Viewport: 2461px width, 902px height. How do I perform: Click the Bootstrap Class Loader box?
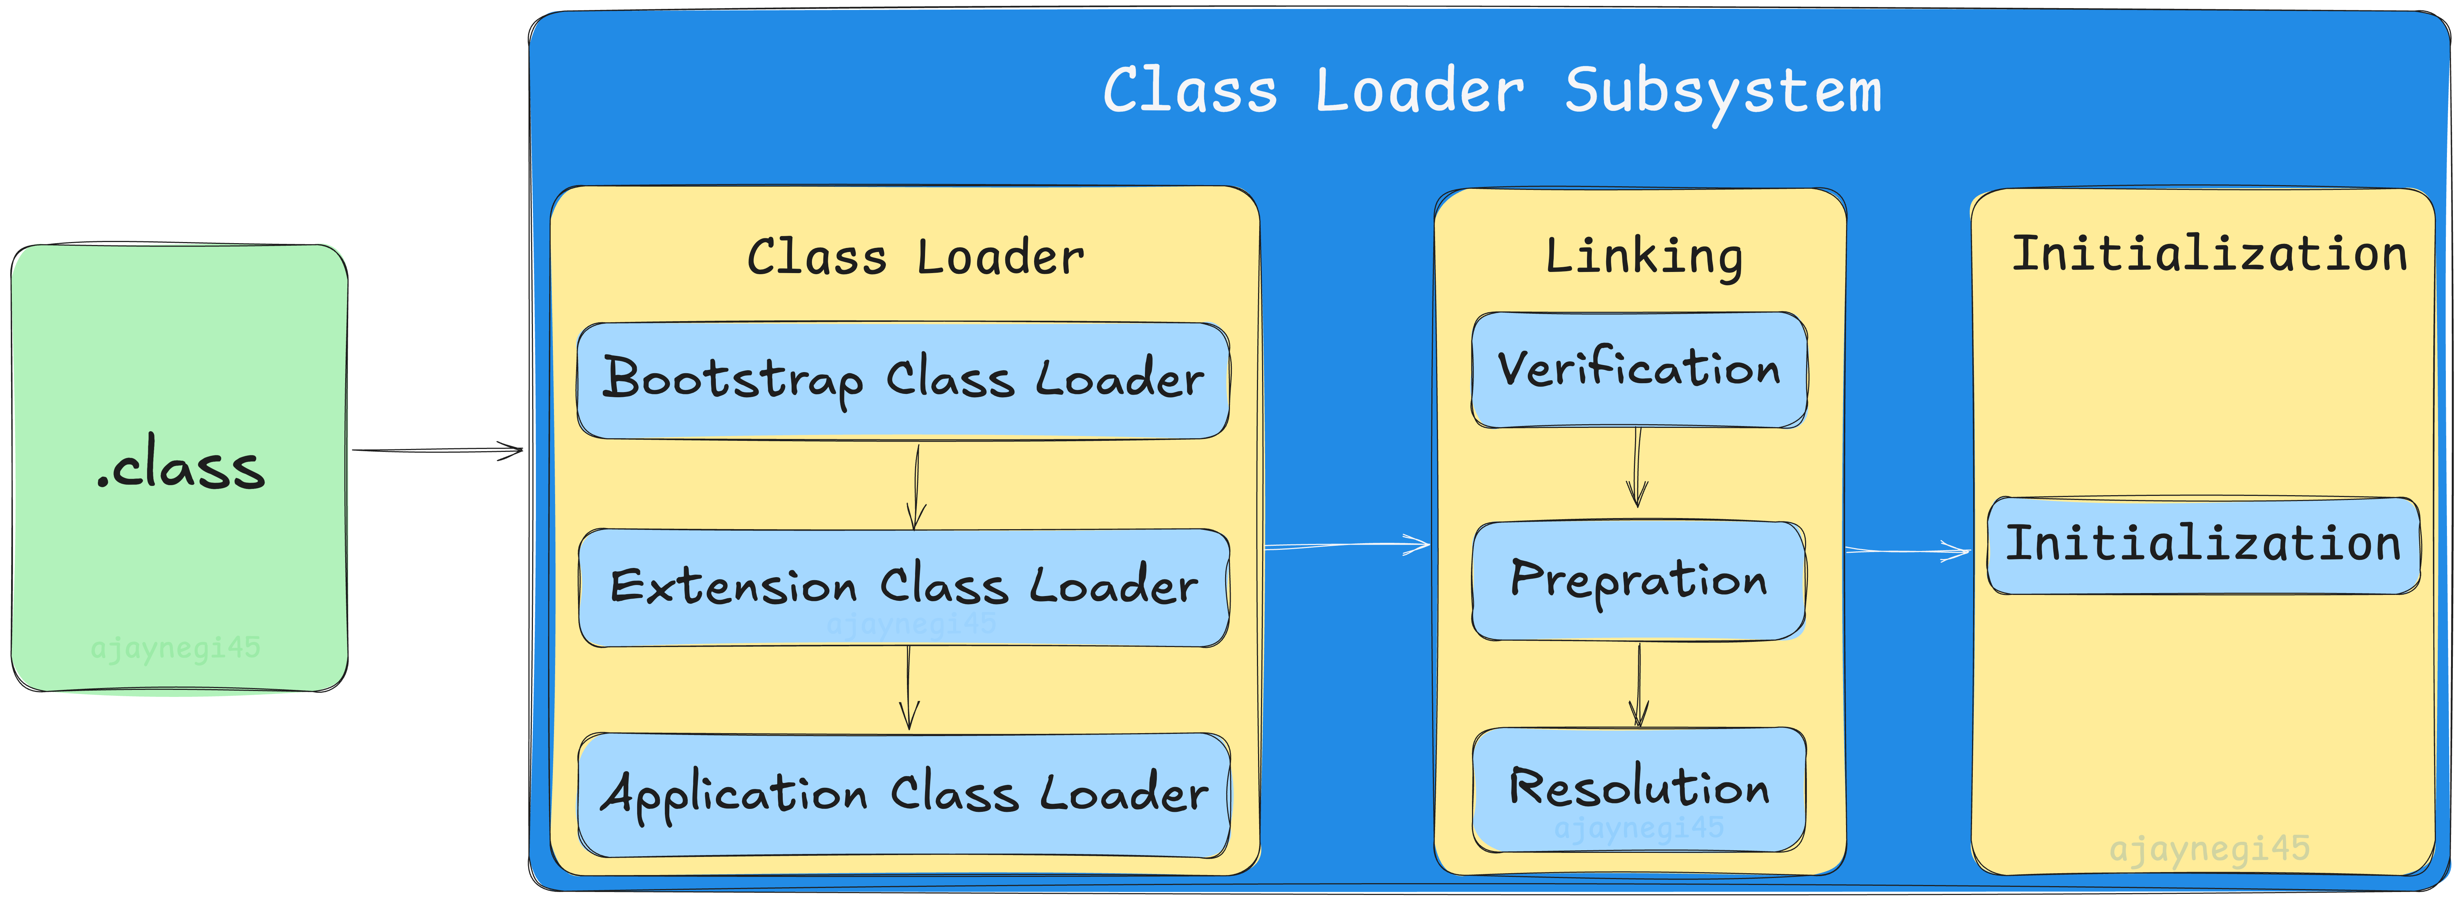pos(903,380)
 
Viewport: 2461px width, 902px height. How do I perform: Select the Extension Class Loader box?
pos(904,588)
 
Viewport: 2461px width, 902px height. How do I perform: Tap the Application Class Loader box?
pos(904,795)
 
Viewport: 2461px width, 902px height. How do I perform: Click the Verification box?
pos(1639,370)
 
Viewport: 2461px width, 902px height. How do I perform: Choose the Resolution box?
pos(1639,789)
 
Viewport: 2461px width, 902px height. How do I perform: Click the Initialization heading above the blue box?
pos(2209,254)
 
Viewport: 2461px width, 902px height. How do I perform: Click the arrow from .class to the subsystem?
pos(438,450)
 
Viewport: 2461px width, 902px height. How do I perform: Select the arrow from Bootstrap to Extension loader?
pos(916,486)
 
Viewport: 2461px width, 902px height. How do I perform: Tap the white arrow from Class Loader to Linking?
pos(1347,545)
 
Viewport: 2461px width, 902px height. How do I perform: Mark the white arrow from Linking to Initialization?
pos(1908,550)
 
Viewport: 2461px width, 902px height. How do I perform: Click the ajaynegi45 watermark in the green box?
pos(176,649)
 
